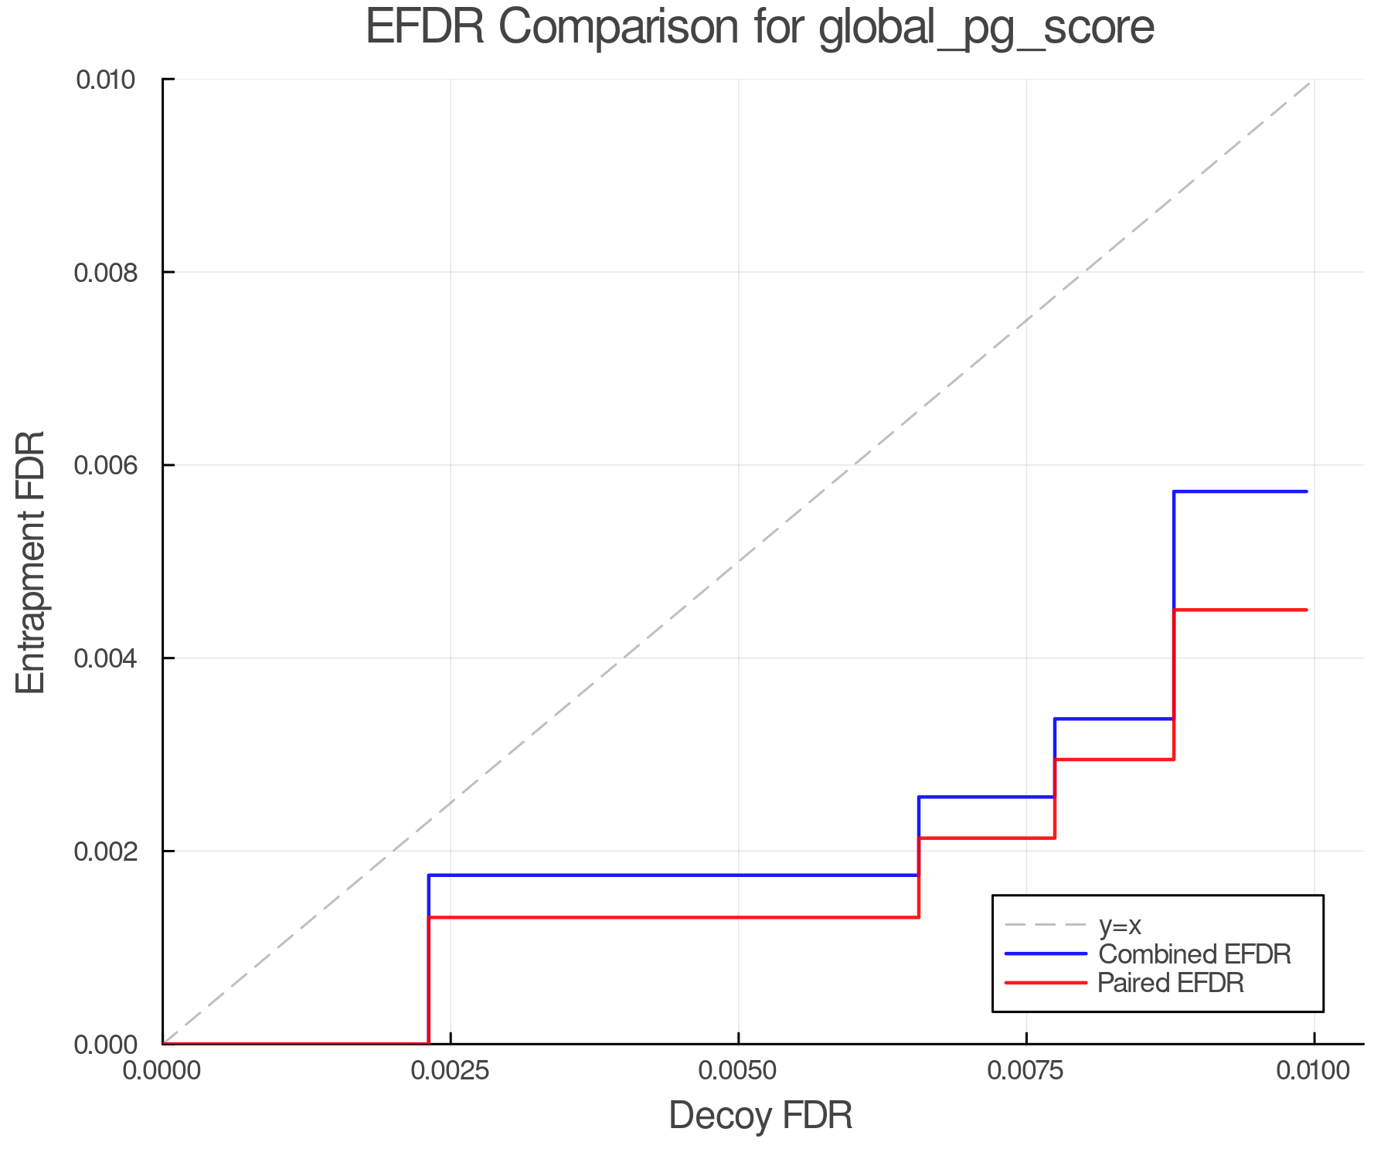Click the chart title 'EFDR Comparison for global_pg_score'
760,28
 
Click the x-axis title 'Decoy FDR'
760,1116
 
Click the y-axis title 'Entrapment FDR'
32,562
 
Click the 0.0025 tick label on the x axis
451,1071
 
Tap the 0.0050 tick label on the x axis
739,1071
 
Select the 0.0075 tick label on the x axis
1026,1071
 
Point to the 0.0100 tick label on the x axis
1313,1071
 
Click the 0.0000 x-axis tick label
163,1071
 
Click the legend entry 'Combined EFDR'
1195,954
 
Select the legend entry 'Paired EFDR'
1171,983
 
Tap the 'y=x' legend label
1120,925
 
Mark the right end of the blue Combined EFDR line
1307,491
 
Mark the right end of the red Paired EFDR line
1307,610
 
